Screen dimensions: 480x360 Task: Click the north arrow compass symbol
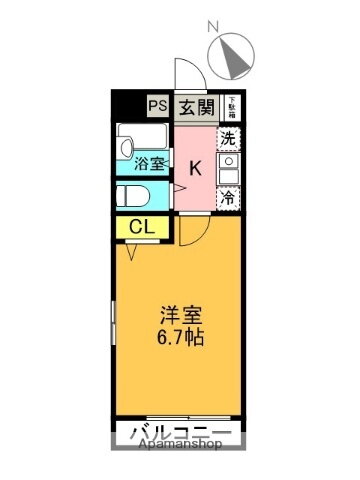235,57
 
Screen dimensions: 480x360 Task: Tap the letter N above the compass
210,27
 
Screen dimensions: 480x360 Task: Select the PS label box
159,104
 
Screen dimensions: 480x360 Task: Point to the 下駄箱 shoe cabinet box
231,103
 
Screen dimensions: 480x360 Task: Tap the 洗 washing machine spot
229,139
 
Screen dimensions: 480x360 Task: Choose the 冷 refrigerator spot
229,197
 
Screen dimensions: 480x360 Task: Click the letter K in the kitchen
196,168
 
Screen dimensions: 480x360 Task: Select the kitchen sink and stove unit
229,167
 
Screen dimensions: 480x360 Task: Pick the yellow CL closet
141,227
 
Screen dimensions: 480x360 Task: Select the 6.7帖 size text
180,337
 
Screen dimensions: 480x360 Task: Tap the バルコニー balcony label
180,434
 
